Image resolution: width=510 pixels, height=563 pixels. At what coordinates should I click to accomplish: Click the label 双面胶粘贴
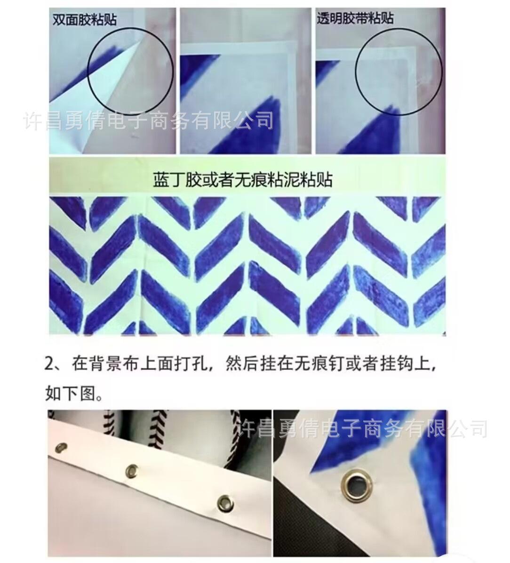click(85, 19)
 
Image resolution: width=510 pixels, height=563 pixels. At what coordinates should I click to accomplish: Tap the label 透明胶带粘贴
click(355, 18)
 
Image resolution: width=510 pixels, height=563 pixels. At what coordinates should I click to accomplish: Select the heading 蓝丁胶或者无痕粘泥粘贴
click(243, 179)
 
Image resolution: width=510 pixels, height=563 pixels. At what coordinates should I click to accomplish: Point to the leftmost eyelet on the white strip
click(61, 447)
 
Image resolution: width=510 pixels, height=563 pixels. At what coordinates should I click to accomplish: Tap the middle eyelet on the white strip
click(132, 470)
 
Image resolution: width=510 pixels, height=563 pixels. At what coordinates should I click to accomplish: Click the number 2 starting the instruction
click(49, 363)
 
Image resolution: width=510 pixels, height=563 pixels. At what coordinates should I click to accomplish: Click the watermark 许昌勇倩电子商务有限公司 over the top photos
click(149, 121)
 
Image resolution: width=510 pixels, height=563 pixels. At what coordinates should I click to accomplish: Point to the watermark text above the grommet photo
click(361, 428)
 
